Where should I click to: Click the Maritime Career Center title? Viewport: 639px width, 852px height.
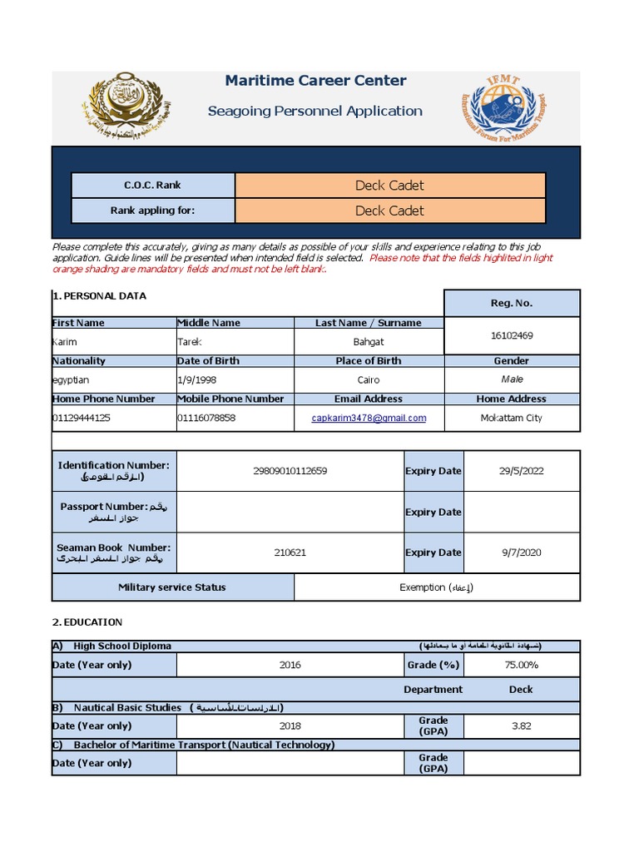coord(315,81)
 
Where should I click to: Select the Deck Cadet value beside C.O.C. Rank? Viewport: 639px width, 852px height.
coord(389,186)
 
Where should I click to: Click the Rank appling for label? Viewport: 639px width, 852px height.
coord(152,211)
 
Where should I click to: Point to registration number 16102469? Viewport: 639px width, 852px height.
coord(512,335)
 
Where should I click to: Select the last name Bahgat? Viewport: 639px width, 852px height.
coord(369,342)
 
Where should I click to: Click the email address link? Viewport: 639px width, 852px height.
coord(369,418)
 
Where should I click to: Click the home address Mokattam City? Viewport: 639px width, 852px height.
coord(511,418)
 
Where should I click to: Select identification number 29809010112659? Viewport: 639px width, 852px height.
coord(290,471)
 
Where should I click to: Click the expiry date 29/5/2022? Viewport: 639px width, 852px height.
coord(521,471)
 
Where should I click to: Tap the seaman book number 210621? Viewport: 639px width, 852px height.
coord(290,552)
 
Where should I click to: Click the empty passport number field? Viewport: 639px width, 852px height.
coord(290,512)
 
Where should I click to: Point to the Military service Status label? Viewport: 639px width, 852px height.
coord(171,587)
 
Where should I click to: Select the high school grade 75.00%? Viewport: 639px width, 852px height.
coord(521,665)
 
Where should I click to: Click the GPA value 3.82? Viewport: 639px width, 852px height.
coord(521,726)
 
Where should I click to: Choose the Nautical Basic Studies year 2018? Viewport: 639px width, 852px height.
coord(290,726)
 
